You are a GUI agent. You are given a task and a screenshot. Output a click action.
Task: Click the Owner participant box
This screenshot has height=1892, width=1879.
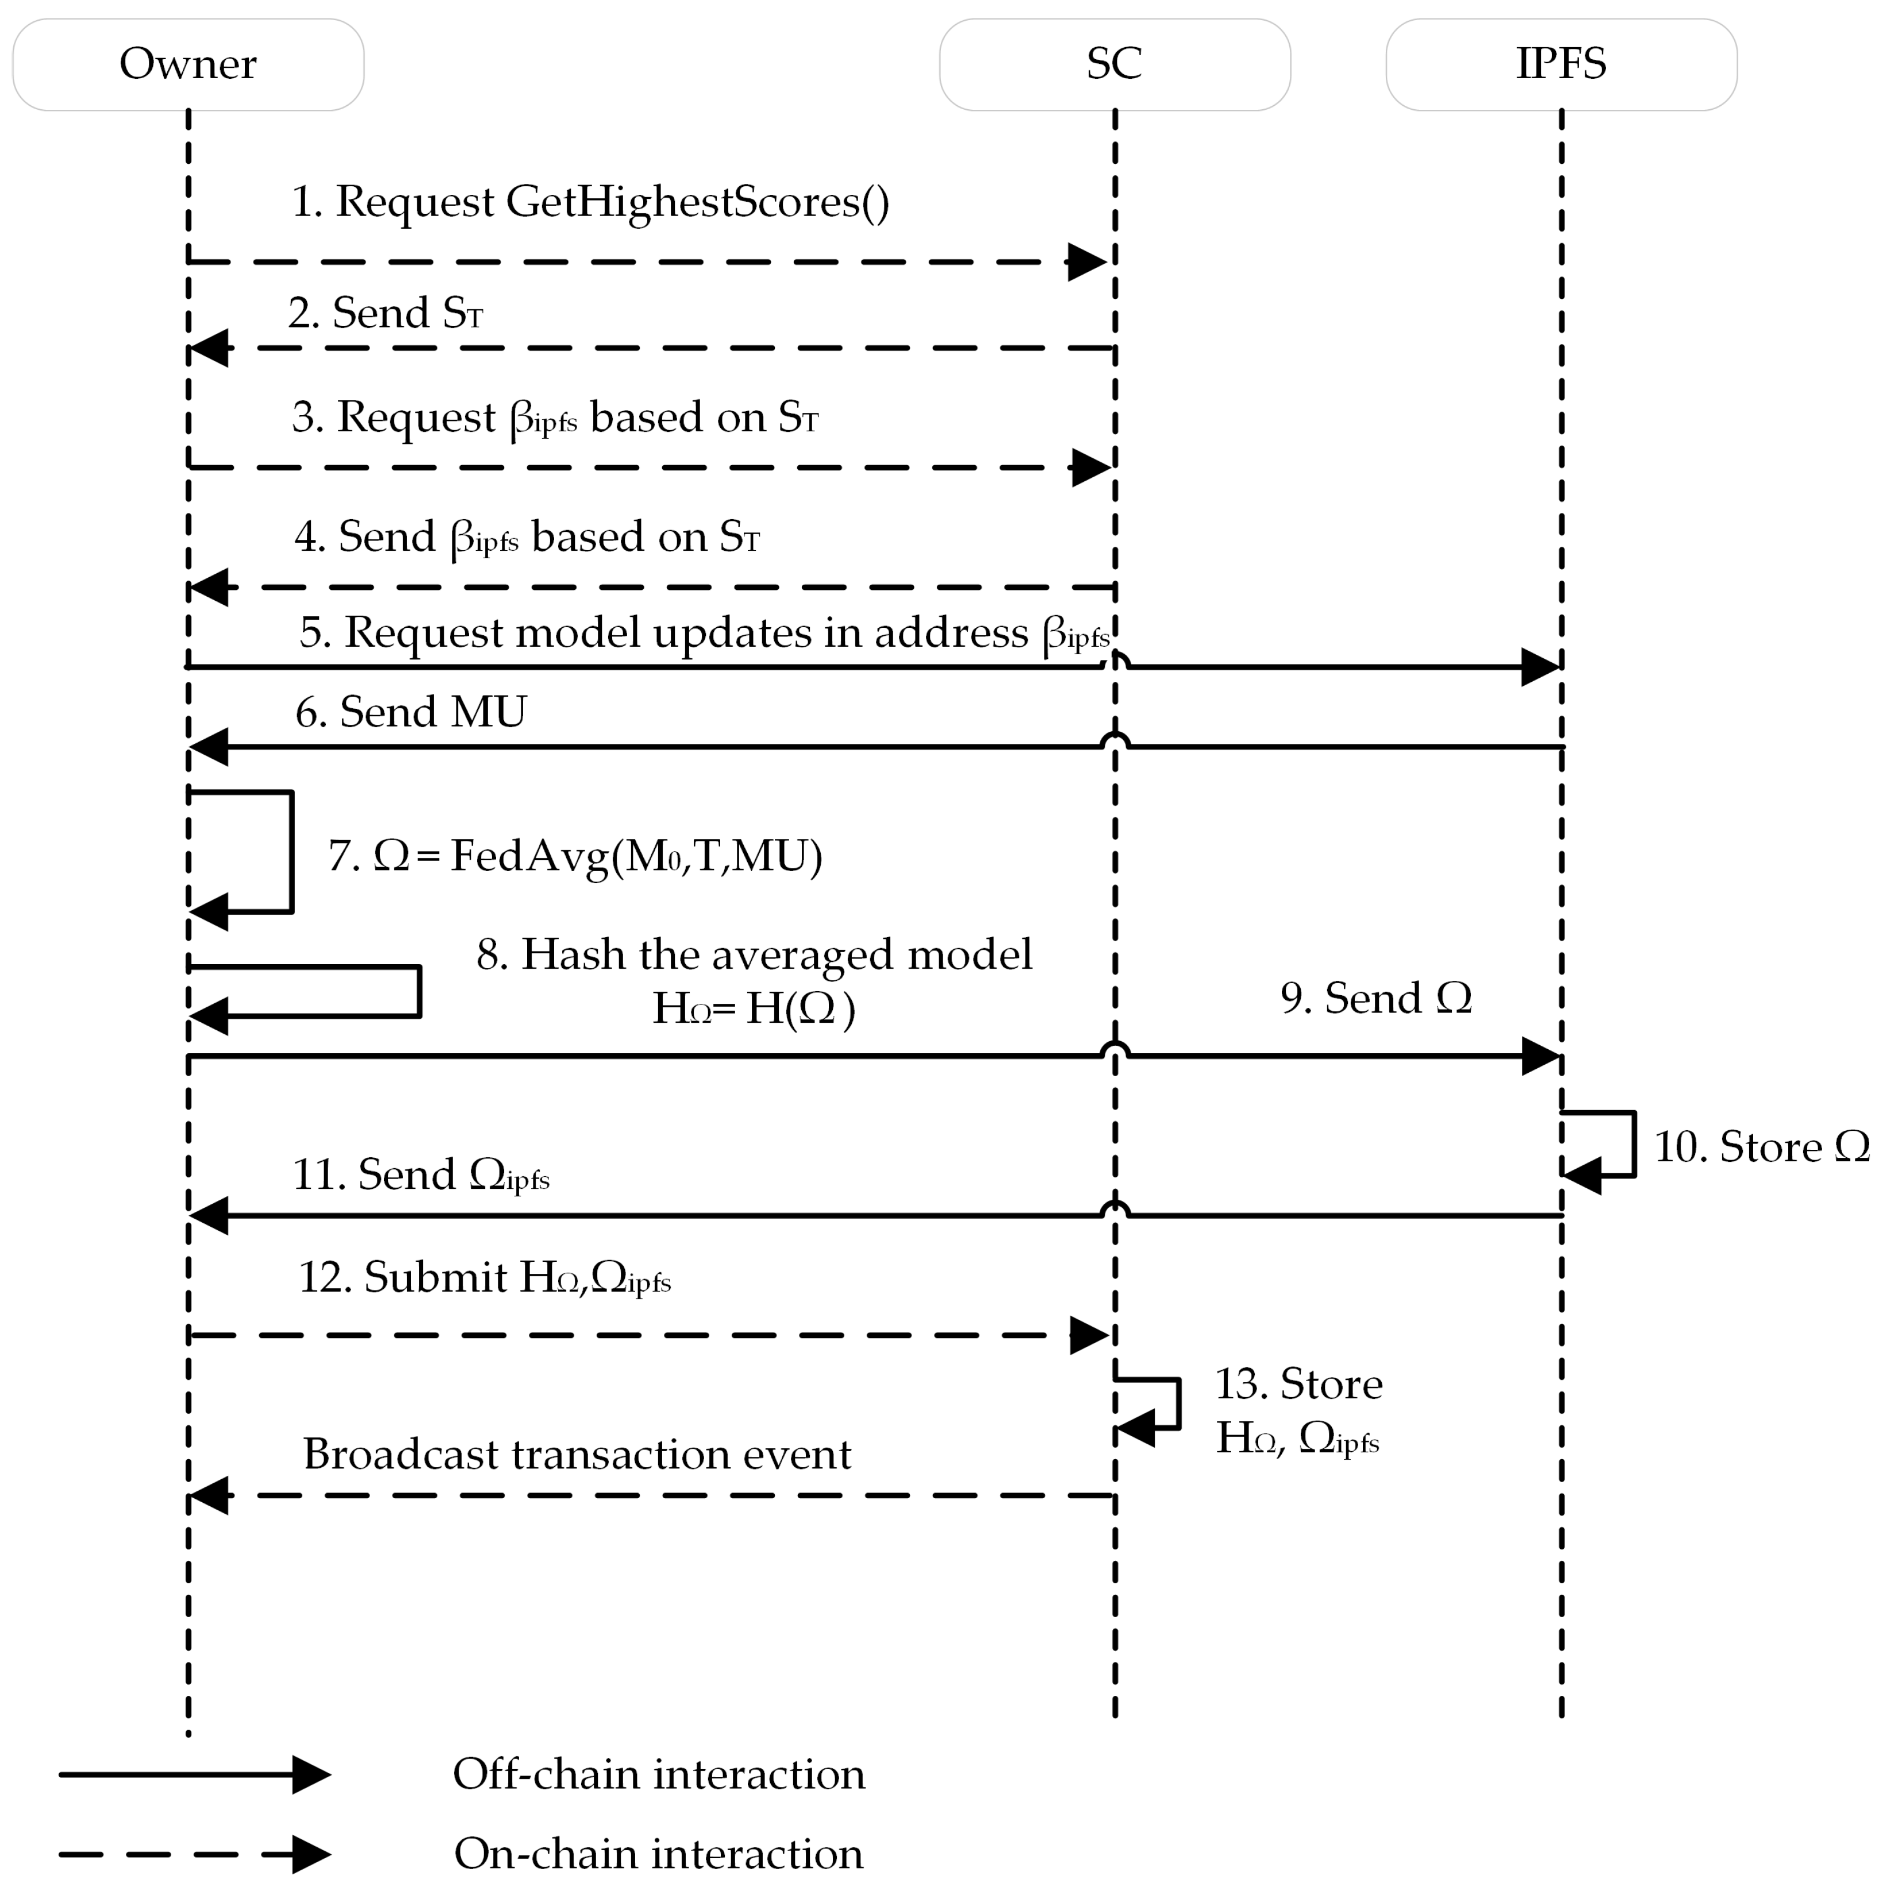[x=188, y=64]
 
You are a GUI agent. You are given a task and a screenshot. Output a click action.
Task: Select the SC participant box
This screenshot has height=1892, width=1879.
[x=1115, y=64]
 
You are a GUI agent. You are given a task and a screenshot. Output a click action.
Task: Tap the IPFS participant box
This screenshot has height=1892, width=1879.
[x=1561, y=64]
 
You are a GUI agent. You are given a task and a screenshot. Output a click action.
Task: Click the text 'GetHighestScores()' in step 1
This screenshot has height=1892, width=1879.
[x=697, y=203]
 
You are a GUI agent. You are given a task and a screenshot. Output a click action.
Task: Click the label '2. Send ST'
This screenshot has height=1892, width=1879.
[x=385, y=313]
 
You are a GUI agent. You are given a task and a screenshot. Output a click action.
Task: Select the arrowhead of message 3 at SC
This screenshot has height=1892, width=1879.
[x=1091, y=468]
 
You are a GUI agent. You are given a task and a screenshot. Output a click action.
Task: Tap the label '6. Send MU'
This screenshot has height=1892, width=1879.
[x=411, y=712]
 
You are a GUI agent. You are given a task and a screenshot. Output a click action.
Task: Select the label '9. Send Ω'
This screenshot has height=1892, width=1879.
[x=1375, y=999]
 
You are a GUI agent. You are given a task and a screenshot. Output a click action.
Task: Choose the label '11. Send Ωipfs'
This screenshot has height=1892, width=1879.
[x=421, y=1174]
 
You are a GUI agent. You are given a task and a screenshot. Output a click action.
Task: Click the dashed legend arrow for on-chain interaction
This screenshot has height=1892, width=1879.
[x=196, y=1854]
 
